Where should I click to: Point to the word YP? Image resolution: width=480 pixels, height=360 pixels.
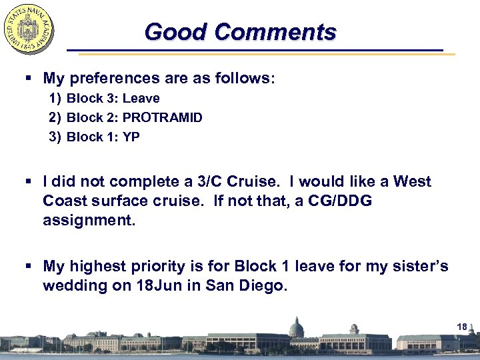(131, 137)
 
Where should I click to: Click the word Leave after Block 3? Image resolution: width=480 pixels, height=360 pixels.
(141, 98)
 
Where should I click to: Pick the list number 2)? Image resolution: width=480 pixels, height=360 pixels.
(55, 117)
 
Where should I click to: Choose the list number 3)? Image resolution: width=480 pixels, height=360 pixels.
(55, 137)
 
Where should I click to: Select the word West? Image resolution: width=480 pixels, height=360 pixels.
(412, 181)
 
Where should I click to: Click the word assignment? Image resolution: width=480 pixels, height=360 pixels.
(89, 220)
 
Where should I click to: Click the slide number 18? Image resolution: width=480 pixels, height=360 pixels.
(463, 326)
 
